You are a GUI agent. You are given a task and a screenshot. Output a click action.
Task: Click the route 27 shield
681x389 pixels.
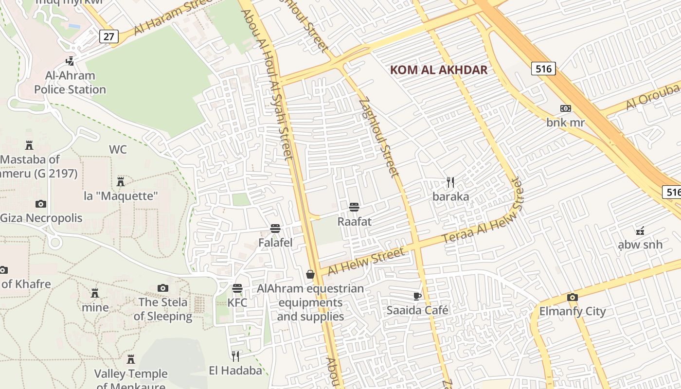pyautogui.click(x=108, y=36)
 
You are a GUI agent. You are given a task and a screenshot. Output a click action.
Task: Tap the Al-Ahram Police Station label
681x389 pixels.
pyautogui.click(x=70, y=83)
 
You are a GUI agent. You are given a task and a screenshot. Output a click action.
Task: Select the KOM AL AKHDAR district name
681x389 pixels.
pyautogui.click(x=439, y=70)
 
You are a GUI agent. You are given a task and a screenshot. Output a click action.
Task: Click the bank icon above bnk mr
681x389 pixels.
pyautogui.click(x=565, y=108)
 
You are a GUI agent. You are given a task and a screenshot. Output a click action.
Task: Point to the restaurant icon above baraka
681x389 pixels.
pyautogui.click(x=450, y=182)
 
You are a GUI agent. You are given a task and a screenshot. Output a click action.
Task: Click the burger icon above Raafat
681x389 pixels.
pyautogui.click(x=354, y=207)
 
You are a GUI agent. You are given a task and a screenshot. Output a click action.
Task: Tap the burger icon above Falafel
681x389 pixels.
pyautogui.click(x=275, y=229)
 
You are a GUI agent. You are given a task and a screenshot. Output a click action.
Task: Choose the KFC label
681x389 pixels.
pyautogui.click(x=237, y=303)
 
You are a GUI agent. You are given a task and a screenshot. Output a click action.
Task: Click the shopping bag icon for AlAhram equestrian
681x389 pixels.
pyautogui.click(x=310, y=275)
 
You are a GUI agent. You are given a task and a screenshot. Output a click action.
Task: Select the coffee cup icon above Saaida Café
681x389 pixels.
pyautogui.click(x=417, y=296)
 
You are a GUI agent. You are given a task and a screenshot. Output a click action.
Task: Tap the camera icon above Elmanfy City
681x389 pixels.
pyautogui.click(x=572, y=297)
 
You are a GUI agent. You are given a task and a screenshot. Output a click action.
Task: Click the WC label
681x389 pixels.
pyautogui.click(x=118, y=149)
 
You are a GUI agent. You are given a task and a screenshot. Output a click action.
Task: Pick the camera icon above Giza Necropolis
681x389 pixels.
pyautogui.click(x=41, y=204)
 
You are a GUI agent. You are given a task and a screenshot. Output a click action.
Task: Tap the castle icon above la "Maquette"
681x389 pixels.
pyautogui.click(x=121, y=182)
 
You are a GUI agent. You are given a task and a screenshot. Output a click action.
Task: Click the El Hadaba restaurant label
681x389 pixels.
pyautogui.click(x=235, y=371)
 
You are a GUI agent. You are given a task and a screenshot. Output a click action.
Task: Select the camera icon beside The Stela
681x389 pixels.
pyautogui.click(x=163, y=288)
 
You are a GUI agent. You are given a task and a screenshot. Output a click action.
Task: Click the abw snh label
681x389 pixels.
pyautogui.click(x=640, y=244)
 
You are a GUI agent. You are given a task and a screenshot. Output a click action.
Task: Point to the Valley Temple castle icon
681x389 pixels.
pyautogui.click(x=130, y=359)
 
